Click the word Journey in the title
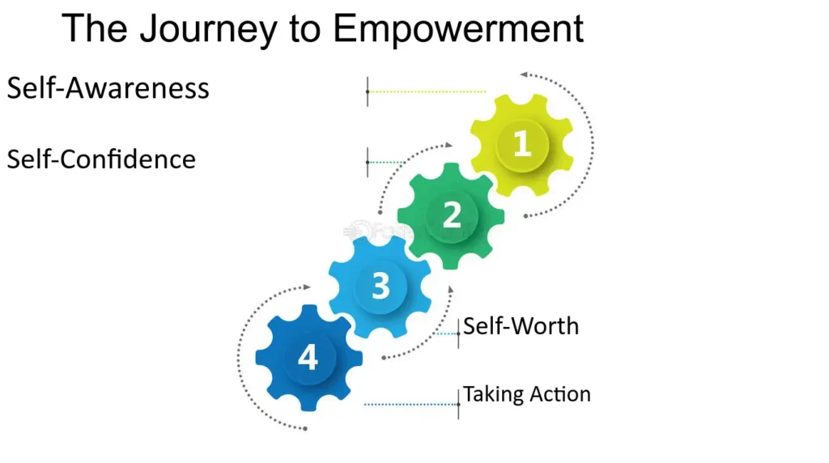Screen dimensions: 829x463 tap(208, 30)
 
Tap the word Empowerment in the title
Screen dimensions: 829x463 tap(458, 30)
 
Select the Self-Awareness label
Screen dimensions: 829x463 tap(108, 87)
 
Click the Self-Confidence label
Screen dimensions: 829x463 tap(101, 159)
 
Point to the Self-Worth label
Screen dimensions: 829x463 tap(521, 326)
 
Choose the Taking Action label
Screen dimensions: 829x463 tap(526, 394)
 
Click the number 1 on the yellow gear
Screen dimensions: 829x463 tap(522, 144)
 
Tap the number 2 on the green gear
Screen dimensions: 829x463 tap(452, 215)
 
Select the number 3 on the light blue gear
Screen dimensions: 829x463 tap(380, 286)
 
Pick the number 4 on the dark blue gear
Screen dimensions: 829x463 tap(308, 357)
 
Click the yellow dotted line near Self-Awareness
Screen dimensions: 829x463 tap(427, 91)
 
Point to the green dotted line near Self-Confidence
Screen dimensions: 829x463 tap(386, 162)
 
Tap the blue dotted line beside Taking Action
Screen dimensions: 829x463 tap(410, 405)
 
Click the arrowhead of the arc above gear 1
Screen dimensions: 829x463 tap(524, 74)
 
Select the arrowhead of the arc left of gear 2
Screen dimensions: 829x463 tap(449, 144)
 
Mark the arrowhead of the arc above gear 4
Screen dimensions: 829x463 tap(307, 287)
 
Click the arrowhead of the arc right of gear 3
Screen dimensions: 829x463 tap(451, 290)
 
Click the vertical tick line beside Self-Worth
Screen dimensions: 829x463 tap(458, 333)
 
